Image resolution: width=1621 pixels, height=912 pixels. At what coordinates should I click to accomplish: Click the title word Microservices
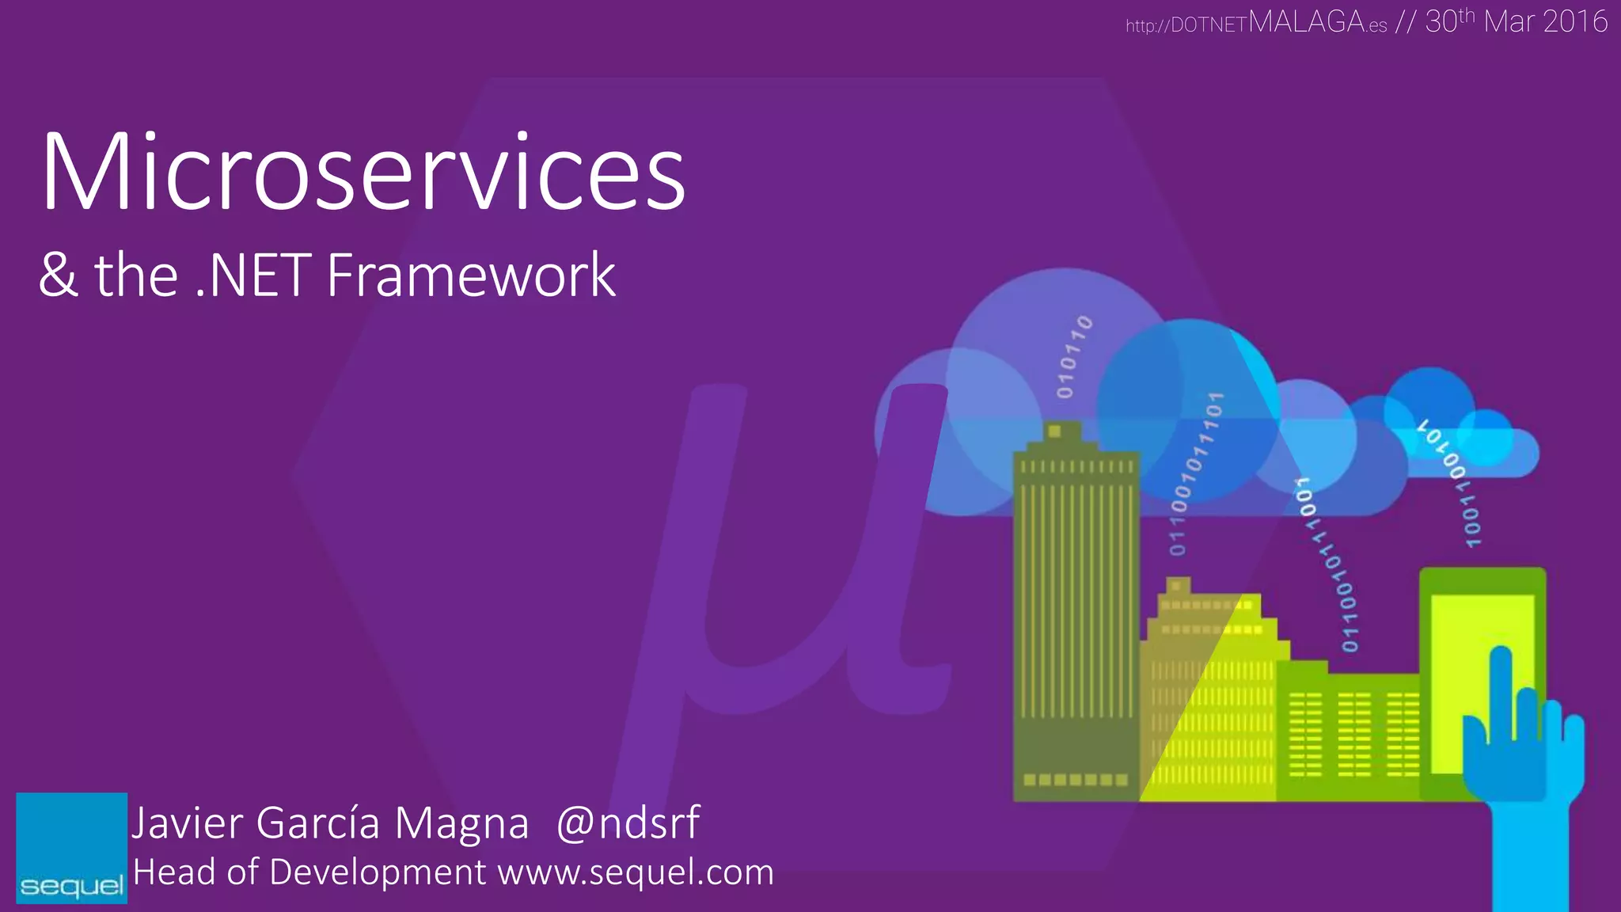[363, 173]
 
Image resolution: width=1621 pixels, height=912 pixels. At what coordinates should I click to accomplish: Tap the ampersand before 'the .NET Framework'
[59, 275]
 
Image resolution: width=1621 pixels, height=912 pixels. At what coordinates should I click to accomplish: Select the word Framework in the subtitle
[471, 275]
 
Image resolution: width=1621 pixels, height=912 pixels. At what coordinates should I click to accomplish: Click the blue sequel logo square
[71, 847]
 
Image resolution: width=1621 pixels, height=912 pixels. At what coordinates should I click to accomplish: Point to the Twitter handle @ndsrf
[628, 823]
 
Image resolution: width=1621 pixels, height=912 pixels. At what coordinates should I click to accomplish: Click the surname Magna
[461, 823]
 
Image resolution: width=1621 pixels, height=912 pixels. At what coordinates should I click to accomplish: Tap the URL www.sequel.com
[636, 872]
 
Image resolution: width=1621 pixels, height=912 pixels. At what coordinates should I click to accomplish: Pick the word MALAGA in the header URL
[1307, 21]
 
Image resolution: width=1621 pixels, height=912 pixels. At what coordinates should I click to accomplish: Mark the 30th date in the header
[1448, 21]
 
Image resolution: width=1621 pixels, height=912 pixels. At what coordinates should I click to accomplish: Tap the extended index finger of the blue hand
[1501, 689]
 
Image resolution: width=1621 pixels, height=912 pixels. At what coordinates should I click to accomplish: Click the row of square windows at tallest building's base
[1075, 780]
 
